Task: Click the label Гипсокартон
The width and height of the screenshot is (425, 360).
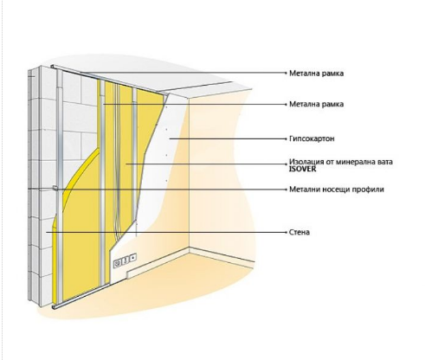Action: [x=312, y=138]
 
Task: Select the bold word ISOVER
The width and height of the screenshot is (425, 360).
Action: [x=302, y=169]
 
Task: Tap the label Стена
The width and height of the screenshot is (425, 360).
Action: [x=299, y=232]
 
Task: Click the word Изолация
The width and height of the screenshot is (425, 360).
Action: [x=306, y=162]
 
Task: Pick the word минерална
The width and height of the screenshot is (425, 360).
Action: [x=357, y=162]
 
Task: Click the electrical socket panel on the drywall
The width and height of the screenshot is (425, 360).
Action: [x=125, y=260]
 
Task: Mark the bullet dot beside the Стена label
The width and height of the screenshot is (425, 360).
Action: [x=287, y=232]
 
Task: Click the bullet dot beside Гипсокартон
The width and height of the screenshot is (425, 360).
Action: [x=287, y=138]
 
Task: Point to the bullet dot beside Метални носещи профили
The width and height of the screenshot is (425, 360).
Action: [x=287, y=190]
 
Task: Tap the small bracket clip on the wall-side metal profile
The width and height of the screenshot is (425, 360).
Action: [x=55, y=188]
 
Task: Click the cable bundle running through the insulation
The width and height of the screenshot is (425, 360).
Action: [x=116, y=162]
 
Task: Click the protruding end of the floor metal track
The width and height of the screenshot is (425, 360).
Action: [x=54, y=306]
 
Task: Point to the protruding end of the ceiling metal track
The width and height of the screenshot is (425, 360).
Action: [x=53, y=67]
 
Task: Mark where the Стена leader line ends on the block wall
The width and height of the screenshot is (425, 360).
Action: [x=46, y=232]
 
